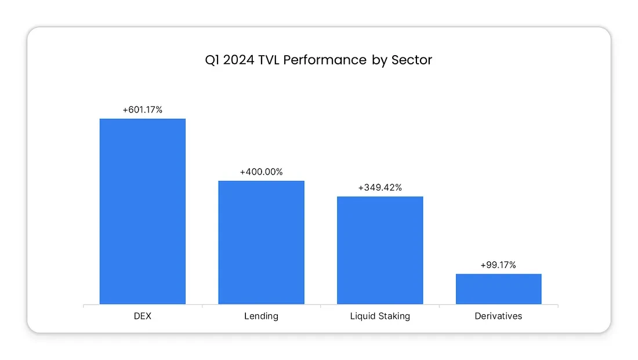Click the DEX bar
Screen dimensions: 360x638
tap(142, 211)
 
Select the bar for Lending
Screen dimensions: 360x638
tap(261, 242)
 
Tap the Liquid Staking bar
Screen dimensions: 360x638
tap(380, 250)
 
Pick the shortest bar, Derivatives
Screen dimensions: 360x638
tap(498, 289)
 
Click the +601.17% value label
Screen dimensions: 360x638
tap(142, 110)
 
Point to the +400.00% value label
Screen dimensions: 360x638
tap(261, 172)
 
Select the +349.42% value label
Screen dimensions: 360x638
tap(380, 188)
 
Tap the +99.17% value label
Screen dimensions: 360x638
tap(498, 265)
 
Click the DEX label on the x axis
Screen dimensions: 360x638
tap(142, 317)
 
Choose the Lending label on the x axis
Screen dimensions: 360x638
tap(261, 317)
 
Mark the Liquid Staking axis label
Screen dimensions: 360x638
tap(380, 317)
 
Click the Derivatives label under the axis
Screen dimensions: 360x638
tap(498, 317)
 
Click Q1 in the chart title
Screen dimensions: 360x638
tap(213, 60)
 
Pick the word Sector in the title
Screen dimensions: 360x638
tap(412, 60)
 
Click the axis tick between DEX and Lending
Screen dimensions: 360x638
tap(202, 306)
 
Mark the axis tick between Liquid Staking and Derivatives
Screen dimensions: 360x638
tap(439, 306)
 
